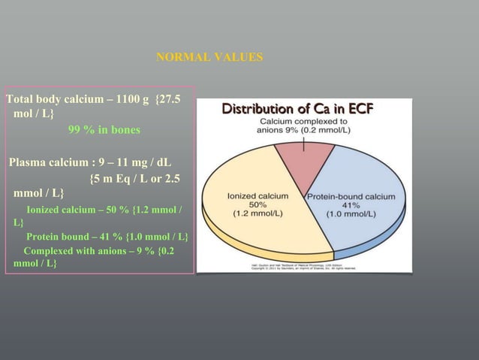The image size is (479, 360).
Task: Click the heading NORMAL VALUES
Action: pos(209,57)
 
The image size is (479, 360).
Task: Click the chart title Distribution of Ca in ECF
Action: pos(297,109)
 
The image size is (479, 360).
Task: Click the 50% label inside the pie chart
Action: pos(258,204)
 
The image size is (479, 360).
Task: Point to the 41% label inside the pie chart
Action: pos(350,204)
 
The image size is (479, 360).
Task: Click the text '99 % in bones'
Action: pos(104,129)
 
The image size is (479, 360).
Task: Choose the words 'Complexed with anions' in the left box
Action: pos(75,250)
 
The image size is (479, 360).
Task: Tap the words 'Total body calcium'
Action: pos(50,99)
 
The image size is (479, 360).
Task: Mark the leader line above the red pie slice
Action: pos(303,142)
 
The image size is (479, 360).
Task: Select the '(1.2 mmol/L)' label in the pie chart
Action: pos(258,213)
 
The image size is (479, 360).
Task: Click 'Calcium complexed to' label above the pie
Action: pos(303,120)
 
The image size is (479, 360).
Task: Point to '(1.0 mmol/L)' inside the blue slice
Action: pos(350,213)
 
